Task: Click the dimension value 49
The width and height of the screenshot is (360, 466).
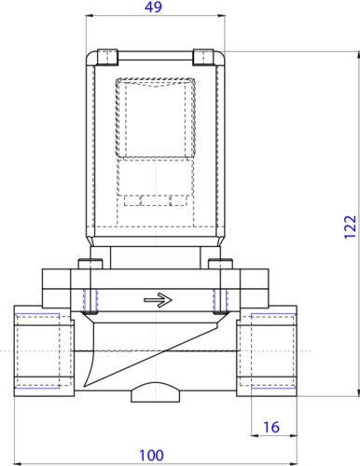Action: tap(156, 8)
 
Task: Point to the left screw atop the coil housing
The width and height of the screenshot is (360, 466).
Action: tap(109, 55)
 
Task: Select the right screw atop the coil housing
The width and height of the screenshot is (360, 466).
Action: tap(201, 55)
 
